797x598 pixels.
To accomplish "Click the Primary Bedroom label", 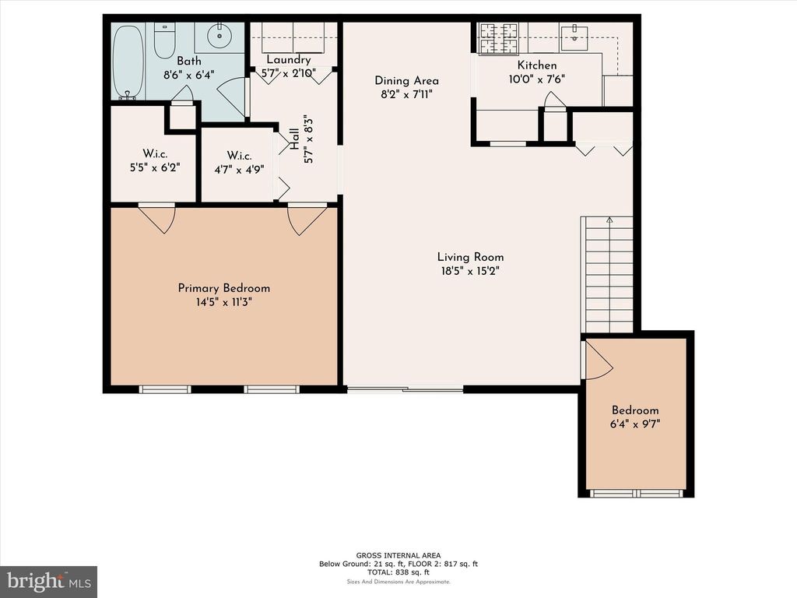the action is click(x=223, y=288).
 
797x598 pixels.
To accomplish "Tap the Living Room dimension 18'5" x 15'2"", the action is click(x=470, y=271).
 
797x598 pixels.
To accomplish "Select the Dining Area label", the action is click(x=406, y=80).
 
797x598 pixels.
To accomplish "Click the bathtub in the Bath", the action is click(x=128, y=62).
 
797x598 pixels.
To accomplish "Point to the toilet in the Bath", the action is click(x=165, y=40).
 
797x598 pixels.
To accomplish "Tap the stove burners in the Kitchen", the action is click(x=499, y=39).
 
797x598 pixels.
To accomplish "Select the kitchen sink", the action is click(x=574, y=37).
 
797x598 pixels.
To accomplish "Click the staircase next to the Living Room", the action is click(x=607, y=275).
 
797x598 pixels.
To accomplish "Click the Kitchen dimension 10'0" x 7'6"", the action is click(x=537, y=79).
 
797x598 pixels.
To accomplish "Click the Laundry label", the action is click(x=288, y=59).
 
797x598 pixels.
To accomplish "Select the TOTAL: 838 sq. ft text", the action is click(x=398, y=572).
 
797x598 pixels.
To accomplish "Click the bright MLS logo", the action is click(x=49, y=581).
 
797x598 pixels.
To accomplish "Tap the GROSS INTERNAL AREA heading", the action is click(x=398, y=555).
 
